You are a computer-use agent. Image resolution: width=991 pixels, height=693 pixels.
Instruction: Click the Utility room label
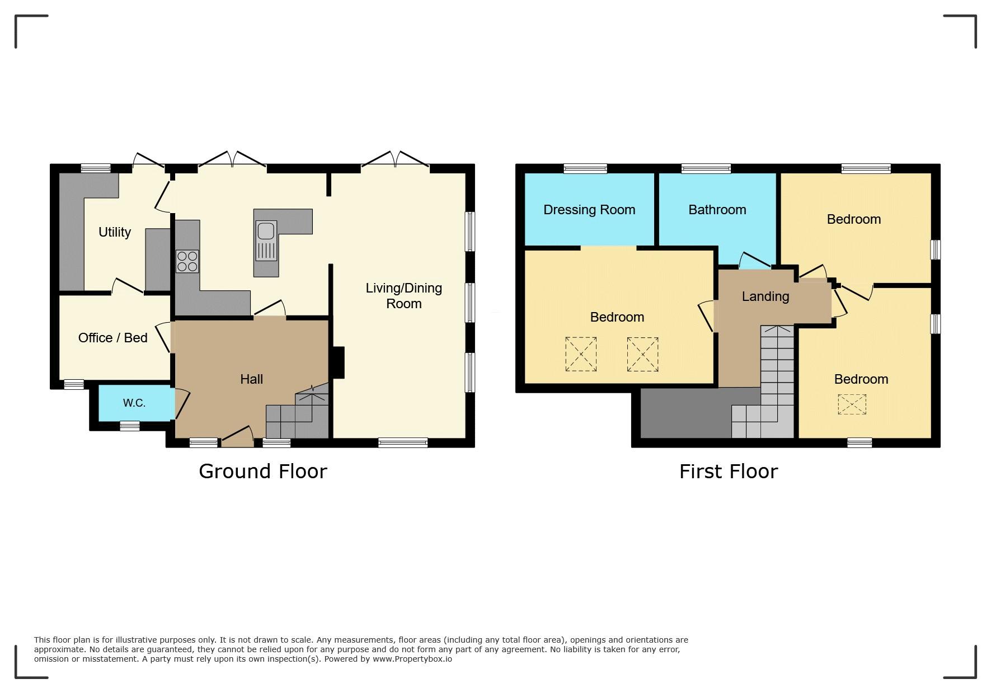(115, 232)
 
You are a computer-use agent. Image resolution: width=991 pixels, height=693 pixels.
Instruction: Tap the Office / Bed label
(112, 338)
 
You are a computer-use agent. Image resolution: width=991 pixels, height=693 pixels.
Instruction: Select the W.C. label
(134, 403)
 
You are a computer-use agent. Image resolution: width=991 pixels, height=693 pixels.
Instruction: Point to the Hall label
(251, 379)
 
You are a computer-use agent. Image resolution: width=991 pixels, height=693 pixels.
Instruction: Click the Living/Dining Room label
(404, 296)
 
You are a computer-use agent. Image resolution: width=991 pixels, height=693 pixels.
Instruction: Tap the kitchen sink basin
(266, 230)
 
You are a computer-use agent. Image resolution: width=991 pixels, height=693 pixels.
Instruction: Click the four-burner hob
(187, 261)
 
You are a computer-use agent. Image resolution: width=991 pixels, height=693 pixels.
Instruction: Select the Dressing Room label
(589, 210)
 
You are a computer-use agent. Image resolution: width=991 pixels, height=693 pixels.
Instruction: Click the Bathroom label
(717, 210)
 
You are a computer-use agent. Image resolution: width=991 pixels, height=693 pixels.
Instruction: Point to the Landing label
(765, 296)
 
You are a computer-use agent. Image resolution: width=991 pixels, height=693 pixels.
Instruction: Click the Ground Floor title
(263, 472)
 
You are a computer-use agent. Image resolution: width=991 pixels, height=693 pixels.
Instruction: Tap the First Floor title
(729, 472)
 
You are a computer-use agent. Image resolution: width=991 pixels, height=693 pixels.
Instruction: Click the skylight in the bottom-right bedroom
(852, 404)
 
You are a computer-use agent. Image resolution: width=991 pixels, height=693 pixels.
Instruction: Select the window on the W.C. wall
(130, 426)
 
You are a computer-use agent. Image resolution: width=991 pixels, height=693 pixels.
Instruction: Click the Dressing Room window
(585, 168)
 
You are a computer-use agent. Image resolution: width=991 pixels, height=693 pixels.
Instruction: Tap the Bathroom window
(706, 168)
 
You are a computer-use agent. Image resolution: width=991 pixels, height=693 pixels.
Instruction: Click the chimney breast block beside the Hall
(339, 363)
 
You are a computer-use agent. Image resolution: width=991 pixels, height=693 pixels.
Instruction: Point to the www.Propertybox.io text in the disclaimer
(412, 659)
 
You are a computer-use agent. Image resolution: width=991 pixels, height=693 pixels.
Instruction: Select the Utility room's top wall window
(96, 168)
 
